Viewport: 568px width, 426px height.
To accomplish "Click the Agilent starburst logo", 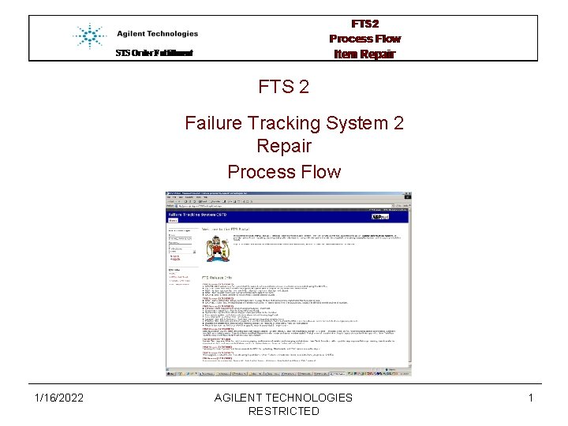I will click(x=89, y=36).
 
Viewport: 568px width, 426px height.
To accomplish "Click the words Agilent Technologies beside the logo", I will click(x=157, y=34).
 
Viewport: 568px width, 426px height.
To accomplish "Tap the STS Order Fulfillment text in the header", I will click(x=154, y=54).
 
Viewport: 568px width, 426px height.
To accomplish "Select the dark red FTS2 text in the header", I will click(x=364, y=24).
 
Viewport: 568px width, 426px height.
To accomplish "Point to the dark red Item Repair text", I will click(x=364, y=54).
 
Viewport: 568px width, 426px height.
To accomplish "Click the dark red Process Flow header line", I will click(x=364, y=39).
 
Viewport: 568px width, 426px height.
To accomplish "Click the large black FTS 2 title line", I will click(x=283, y=87).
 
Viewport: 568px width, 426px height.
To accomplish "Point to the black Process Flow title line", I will click(x=284, y=171).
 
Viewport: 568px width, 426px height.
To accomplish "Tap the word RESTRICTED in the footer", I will click(x=284, y=411).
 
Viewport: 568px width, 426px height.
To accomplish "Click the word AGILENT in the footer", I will click(x=240, y=398).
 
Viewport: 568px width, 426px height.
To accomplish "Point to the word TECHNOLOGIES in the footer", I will click(x=310, y=398).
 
